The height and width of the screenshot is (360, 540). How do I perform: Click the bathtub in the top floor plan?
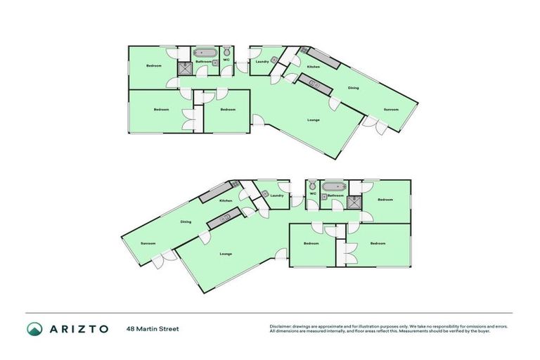tap(205, 53)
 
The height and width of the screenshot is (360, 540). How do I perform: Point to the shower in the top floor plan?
tap(184, 67)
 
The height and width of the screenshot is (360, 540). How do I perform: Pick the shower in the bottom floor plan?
tap(356, 202)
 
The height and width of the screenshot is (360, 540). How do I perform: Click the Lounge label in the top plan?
tap(314, 120)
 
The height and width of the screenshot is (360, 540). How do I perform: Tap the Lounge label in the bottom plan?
tap(226, 254)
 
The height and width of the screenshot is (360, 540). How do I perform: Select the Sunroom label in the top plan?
tap(390, 110)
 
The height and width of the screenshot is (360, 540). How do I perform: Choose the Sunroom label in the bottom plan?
tap(148, 243)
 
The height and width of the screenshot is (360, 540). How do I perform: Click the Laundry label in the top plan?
tap(262, 62)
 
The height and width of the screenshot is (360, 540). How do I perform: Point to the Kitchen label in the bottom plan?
tap(226, 201)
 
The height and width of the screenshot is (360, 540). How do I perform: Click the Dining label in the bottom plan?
tap(186, 222)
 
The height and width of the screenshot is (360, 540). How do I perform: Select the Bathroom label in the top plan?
tap(204, 61)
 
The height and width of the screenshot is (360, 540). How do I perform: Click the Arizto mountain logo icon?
tap(34, 328)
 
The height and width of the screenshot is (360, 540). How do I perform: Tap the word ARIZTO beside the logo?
tap(77, 328)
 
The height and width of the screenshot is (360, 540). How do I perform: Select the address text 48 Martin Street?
tap(153, 328)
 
